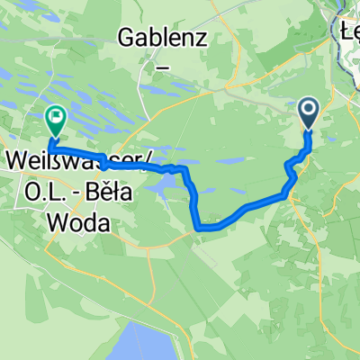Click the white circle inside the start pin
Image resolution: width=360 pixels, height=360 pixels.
[x=308, y=111]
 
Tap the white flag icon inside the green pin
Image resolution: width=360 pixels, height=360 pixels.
[x=56, y=115]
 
